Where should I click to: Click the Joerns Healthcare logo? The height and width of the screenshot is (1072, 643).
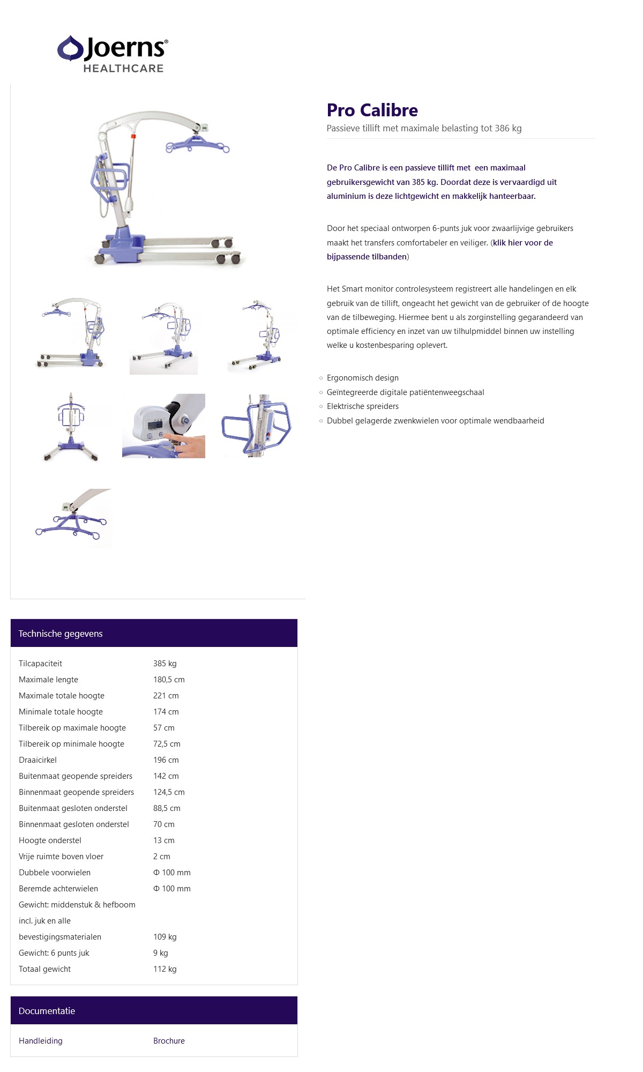(x=113, y=54)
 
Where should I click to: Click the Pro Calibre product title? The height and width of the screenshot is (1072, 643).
(x=372, y=110)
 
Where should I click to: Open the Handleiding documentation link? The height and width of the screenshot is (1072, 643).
(x=41, y=1040)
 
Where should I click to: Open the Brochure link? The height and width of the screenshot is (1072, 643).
(x=169, y=1040)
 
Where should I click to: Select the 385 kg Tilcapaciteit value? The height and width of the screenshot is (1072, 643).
(x=165, y=663)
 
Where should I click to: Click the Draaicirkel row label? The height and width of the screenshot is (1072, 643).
(x=38, y=760)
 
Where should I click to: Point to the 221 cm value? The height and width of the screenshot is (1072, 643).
(x=166, y=695)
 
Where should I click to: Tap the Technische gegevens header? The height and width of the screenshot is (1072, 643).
(x=61, y=634)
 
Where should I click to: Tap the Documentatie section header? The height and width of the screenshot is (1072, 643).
(x=47, y=1011)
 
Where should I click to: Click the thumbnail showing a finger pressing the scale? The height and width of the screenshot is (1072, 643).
(x=163, y=426)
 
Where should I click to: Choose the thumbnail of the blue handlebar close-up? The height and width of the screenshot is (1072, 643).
(x=256, y=426)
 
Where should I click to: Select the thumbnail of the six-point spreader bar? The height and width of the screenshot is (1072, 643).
(x=72, y=518)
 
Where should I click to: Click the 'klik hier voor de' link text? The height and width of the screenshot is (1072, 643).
(x=523, y=243)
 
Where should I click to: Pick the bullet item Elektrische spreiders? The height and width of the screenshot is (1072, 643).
(x=363, y=406)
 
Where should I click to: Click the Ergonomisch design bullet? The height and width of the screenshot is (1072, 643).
(x=363, y=378)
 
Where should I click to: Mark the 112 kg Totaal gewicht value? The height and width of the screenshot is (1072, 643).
(x=165, y=969)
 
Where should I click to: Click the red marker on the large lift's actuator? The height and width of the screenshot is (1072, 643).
(x=133, y=137)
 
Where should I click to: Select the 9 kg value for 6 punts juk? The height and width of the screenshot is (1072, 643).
(x=160, y=952)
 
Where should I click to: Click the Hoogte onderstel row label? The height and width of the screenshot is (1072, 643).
(x=50, y=840)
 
